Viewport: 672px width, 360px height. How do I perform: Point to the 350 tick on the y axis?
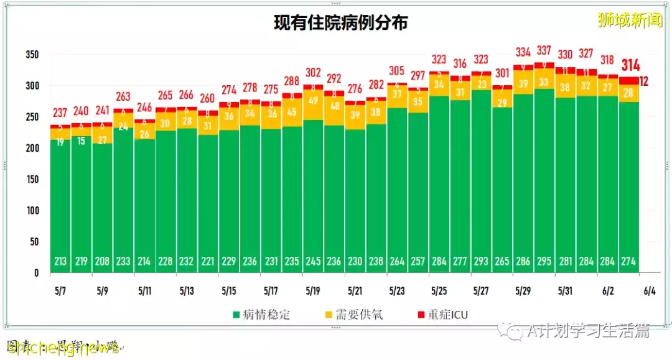(32, 55)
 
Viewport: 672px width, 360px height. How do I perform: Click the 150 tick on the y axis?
(32, 180)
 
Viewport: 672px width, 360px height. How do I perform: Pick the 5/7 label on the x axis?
(60, 290)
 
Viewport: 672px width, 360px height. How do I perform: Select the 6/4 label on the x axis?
(650, 290)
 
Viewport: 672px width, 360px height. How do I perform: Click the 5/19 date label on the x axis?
(312, 290)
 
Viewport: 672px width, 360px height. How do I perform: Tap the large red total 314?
(630, 65)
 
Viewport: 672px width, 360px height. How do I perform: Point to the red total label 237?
(60, 113)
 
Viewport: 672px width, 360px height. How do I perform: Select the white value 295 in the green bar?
(544, 262)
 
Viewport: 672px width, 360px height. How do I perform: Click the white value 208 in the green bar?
(102, 262)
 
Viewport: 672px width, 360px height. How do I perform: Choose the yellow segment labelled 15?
(81, 141)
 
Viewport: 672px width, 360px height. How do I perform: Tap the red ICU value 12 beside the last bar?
(645, 81)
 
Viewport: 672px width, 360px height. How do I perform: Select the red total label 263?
(123, 97)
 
